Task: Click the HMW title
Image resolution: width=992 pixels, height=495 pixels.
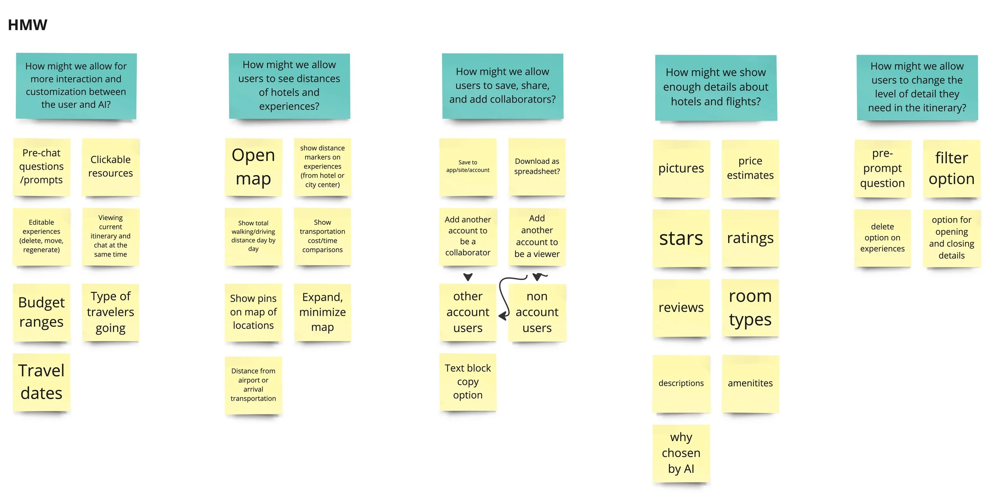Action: click(x=27, y=25)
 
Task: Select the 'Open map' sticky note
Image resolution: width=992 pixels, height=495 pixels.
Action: click(x=253, y=167)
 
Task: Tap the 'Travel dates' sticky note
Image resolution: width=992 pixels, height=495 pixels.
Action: click(x=41, y=382)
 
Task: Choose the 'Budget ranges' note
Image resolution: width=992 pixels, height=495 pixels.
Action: click(x=41, y=312)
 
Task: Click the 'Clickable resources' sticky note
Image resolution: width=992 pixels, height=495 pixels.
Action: click(x=110, y=167)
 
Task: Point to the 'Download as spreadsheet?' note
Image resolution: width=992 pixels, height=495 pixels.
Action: click(x=537, y=167)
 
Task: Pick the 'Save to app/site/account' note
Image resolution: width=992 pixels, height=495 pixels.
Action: click(x=468, y=167)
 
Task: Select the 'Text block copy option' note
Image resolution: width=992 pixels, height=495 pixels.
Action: click(x=468, y=382)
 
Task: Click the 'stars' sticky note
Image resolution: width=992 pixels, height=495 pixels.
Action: click(x=681, y=238)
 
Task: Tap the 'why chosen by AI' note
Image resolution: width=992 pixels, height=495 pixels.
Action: click(x=681, y=453)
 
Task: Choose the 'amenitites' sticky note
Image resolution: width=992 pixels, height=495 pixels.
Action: click(x=750, y=383)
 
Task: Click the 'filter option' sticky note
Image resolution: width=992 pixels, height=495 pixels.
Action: click(x=952, y=168)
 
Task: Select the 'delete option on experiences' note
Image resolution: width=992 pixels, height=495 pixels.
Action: click(x=882, y=238)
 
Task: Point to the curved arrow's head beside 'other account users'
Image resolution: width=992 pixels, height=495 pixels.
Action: click(x=503, y=316)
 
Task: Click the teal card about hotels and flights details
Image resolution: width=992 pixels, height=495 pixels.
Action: click(x=716, y=87)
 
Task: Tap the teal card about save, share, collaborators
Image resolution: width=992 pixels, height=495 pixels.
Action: click(x=502, y=86)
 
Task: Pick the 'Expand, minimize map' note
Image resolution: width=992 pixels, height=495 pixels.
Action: click(x=322, y=312)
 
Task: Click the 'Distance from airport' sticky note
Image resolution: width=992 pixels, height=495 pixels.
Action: click(x=253, y=385)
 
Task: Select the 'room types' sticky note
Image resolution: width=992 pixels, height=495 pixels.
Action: click(x=750, y=308)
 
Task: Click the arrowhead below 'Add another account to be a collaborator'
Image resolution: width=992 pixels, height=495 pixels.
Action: click(x=468, y=277)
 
